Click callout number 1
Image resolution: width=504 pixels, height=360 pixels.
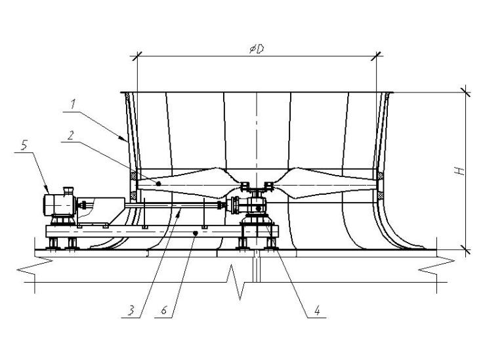pyautogui.click(x=73, y=104)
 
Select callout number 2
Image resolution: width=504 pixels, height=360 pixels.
pyautogui.click(x=70, y=136)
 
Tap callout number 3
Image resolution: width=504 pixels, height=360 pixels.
pyautogui.click(x=131, y=311)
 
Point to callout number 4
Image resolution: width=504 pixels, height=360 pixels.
pyautogui.click(x=317, y=311)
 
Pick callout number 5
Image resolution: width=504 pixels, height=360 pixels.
pyautogui.click(x=24, y=146)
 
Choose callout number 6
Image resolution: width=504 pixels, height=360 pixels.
pyautogui.click(x=164, y=311)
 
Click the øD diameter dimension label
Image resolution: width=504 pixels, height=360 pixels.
pyautogui.click(x=257, y=49)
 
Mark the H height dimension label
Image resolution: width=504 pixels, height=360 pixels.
pyautogui.click(x=461, y=171)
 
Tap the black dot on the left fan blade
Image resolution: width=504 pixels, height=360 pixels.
pyautogui.click(x=158, y=184)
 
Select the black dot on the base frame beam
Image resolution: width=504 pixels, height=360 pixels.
pyautogui.click(x=195, y=233)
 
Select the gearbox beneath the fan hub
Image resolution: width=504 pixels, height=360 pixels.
pyautogui.click(x=256, y=206)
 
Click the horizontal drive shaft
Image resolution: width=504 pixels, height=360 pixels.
pyautogui.click(x=173, y=205)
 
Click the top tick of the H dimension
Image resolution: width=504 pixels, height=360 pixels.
pyautogui.click(x=465, y=92)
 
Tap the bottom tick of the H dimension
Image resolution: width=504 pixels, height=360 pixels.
pyautogui.click(x=465, y=249)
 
